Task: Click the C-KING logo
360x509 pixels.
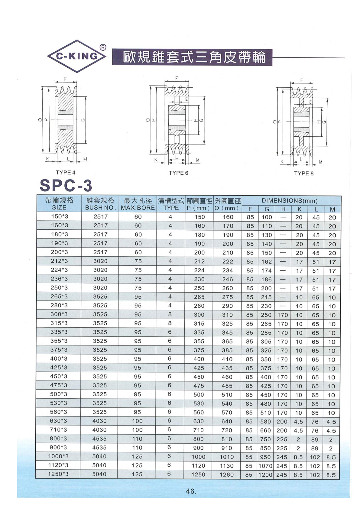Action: click(x=77, y=56)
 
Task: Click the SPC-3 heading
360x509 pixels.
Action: click(x=66, y=186)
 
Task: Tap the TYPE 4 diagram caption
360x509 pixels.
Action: click(x=66, y=173)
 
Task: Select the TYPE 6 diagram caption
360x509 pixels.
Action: click(x=178, y=173)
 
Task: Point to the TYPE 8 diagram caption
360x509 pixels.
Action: click(x=304, y=173)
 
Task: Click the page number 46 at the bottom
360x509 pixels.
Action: click(x=191, y=491)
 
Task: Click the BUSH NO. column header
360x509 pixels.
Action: click(x=100, y=208)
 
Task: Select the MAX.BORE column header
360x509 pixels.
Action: click(x=138, y=208)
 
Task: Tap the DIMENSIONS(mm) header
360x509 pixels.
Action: click(x=290, y=201)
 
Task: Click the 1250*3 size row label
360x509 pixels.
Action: click(x=58, y=474)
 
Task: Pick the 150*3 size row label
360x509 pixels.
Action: click(x=59, y=216)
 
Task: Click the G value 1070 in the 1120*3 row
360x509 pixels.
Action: click(x=265, y=466)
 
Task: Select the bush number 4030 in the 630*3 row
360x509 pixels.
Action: click(x=100, y=421)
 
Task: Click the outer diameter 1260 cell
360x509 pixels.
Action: click(x=227, y=475)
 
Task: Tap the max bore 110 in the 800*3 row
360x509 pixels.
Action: click(x=137, y=439)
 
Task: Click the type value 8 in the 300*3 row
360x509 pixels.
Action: click(x=170, y=314)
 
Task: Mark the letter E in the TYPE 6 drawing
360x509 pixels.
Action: click(x=186, y=99)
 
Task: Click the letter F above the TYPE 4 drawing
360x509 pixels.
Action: click(x=65, y=79)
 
